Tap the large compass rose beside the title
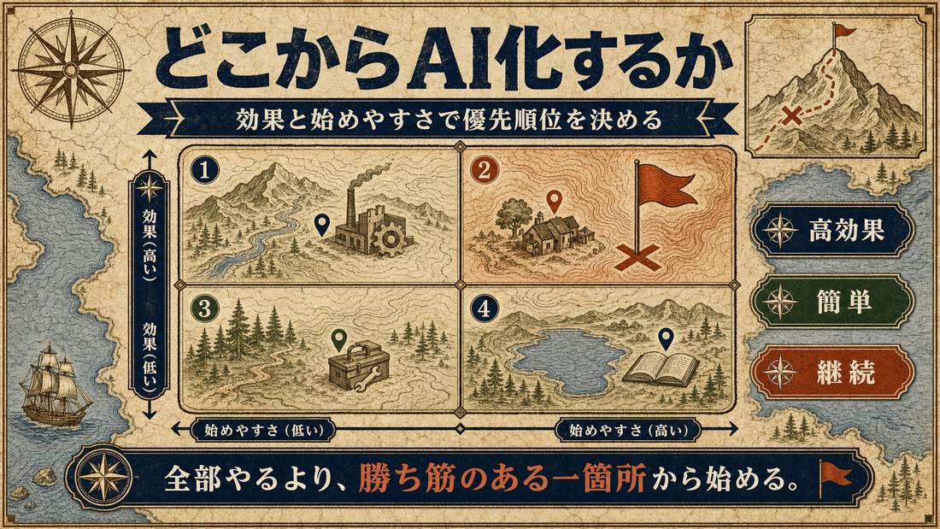click(x=71, y=71)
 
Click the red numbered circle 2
click(x=485, y=170)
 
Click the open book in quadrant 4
click(x=661, y=368)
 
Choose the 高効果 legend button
click(x=833, y=230)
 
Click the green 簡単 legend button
click(x=833, y=301)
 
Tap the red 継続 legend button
click(x=833, y=373)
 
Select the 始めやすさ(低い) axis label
click(x=264, y=429)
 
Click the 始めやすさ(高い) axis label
click(x=627, y=429)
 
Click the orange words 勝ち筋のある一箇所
click(x=502, y=480)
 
